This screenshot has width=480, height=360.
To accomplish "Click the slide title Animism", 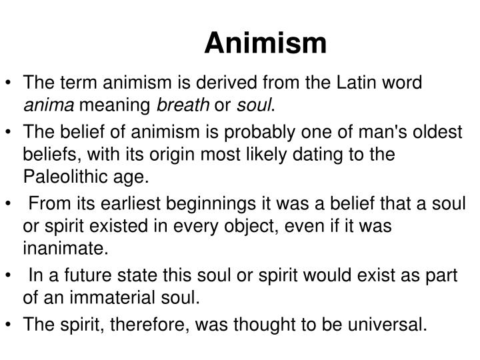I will click(265, 43).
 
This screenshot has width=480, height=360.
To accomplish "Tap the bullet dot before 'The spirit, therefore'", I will click(9, 325).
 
